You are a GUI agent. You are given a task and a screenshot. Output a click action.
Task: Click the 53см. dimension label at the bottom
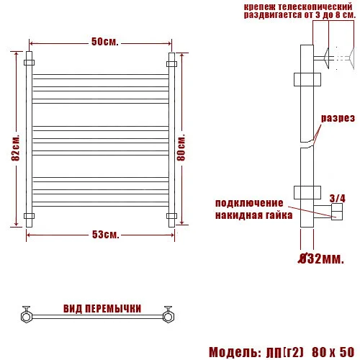105,235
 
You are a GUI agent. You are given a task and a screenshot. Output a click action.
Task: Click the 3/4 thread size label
336,197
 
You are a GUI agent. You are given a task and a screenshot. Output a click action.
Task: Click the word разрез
338,117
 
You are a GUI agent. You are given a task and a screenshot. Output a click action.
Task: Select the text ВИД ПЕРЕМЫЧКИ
102,308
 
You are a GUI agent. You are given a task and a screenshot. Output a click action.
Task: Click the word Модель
235,352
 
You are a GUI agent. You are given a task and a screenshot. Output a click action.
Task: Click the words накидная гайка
253,215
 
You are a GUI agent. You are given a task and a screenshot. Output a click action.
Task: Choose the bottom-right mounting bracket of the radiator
171,215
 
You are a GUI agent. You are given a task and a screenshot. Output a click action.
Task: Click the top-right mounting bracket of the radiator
171,63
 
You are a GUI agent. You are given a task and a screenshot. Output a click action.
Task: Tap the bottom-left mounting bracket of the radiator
29,215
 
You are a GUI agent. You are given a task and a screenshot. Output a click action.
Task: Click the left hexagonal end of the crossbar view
26,315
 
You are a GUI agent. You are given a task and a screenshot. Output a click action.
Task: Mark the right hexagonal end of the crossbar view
170,315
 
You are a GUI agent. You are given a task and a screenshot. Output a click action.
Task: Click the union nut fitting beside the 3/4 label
335,211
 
